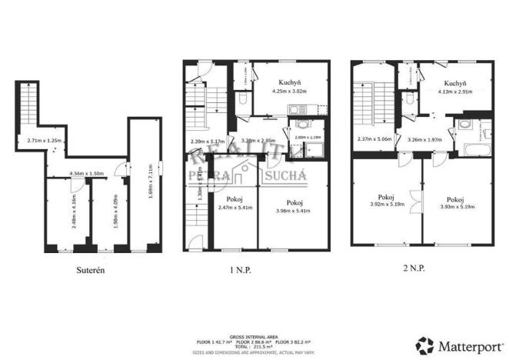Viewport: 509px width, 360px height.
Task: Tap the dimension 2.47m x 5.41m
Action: coord(234,207)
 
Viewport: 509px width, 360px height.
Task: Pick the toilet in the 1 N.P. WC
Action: coord(242,99)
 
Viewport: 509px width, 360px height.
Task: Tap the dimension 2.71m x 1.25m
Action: coord(43,141)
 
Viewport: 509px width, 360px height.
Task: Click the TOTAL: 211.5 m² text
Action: coord(254,346)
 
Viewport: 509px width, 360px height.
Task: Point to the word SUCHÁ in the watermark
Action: coord(287,177)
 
